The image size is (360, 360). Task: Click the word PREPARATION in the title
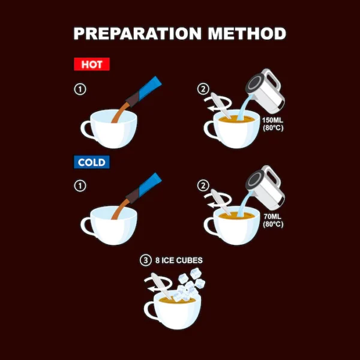coord(137,34)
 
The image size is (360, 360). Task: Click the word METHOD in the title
coord(247,34)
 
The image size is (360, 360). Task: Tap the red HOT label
coord(92,64)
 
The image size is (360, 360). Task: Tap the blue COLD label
coord(92,163)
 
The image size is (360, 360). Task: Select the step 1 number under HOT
coord(80,89)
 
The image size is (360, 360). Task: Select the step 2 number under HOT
coord(203,89)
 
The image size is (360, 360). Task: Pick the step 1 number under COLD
coord(80,186)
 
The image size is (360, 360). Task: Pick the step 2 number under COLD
coord(203,186)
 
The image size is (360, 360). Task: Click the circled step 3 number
coord(146,260)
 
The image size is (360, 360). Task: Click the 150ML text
coord(272,120)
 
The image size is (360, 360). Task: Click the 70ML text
coord(272,217)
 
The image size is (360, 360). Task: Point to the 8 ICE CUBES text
coord(179,260)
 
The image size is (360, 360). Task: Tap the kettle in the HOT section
coord(266,91)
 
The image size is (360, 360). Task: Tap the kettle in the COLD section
coord(266,188)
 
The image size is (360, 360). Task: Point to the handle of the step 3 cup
coord(149,310)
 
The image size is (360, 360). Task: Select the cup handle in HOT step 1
coord(85,130)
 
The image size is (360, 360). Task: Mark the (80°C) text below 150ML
coord(273,128)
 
